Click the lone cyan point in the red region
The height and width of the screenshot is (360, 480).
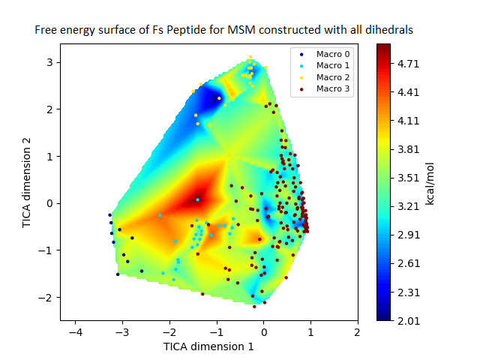click(x=197, y=199)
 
